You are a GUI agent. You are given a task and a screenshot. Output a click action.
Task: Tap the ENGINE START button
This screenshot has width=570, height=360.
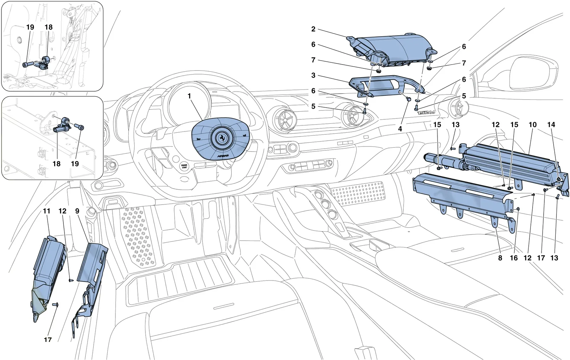coord(184,166)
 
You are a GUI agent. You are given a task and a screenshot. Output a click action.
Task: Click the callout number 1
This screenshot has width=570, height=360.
coord(189,96)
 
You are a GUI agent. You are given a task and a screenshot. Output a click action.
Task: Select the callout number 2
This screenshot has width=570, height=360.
coord(313,29)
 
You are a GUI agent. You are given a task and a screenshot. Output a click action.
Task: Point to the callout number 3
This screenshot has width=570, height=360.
coord(313,75)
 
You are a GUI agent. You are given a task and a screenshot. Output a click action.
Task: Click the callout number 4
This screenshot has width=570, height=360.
coord(400,129)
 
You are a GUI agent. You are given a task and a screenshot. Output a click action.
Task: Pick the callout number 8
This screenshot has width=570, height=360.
coord(500,258)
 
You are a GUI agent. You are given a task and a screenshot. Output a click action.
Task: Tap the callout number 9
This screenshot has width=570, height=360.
coord(77,211)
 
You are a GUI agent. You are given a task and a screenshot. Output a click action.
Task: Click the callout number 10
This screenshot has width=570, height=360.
coord(533,124)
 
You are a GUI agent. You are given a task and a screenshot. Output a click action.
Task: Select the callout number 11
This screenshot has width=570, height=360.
coord(47,211)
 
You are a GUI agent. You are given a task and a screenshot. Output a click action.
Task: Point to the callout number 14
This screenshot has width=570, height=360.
coord(551,124)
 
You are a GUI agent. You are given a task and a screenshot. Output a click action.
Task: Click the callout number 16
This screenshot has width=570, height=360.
coord(514,258)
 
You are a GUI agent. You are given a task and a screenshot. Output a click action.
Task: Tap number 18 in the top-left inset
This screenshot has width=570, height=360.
coord(48,27)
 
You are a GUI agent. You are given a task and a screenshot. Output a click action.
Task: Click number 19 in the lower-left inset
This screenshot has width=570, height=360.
coord(75,164)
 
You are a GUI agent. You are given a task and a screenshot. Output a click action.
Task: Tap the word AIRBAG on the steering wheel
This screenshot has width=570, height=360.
coord(223,156)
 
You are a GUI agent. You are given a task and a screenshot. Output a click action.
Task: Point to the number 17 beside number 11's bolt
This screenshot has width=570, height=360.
coord(48,340)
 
